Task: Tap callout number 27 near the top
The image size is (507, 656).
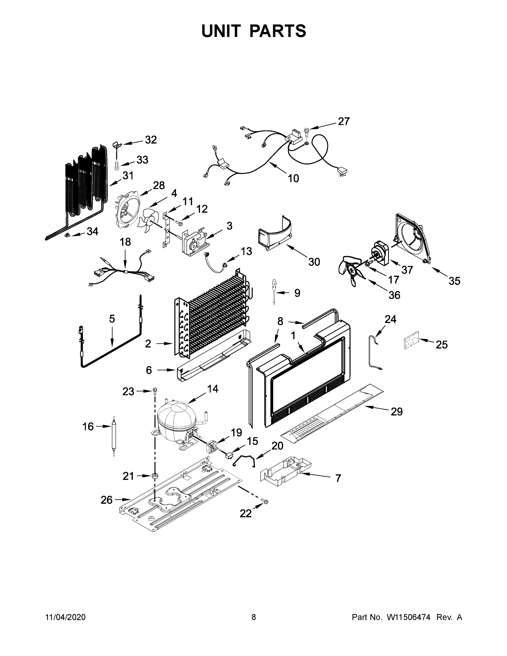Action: [344, 121]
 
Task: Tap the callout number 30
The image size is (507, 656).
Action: [314, 262]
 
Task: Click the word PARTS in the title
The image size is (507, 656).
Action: [278, 31]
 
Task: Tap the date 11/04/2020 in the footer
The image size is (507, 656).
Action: [66, 617]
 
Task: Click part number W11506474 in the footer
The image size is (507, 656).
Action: [409, 617]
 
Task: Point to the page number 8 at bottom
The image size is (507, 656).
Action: [254, 617]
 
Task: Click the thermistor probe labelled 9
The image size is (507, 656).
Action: [274, 291]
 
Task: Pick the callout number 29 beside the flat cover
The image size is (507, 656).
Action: [397, 411]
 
